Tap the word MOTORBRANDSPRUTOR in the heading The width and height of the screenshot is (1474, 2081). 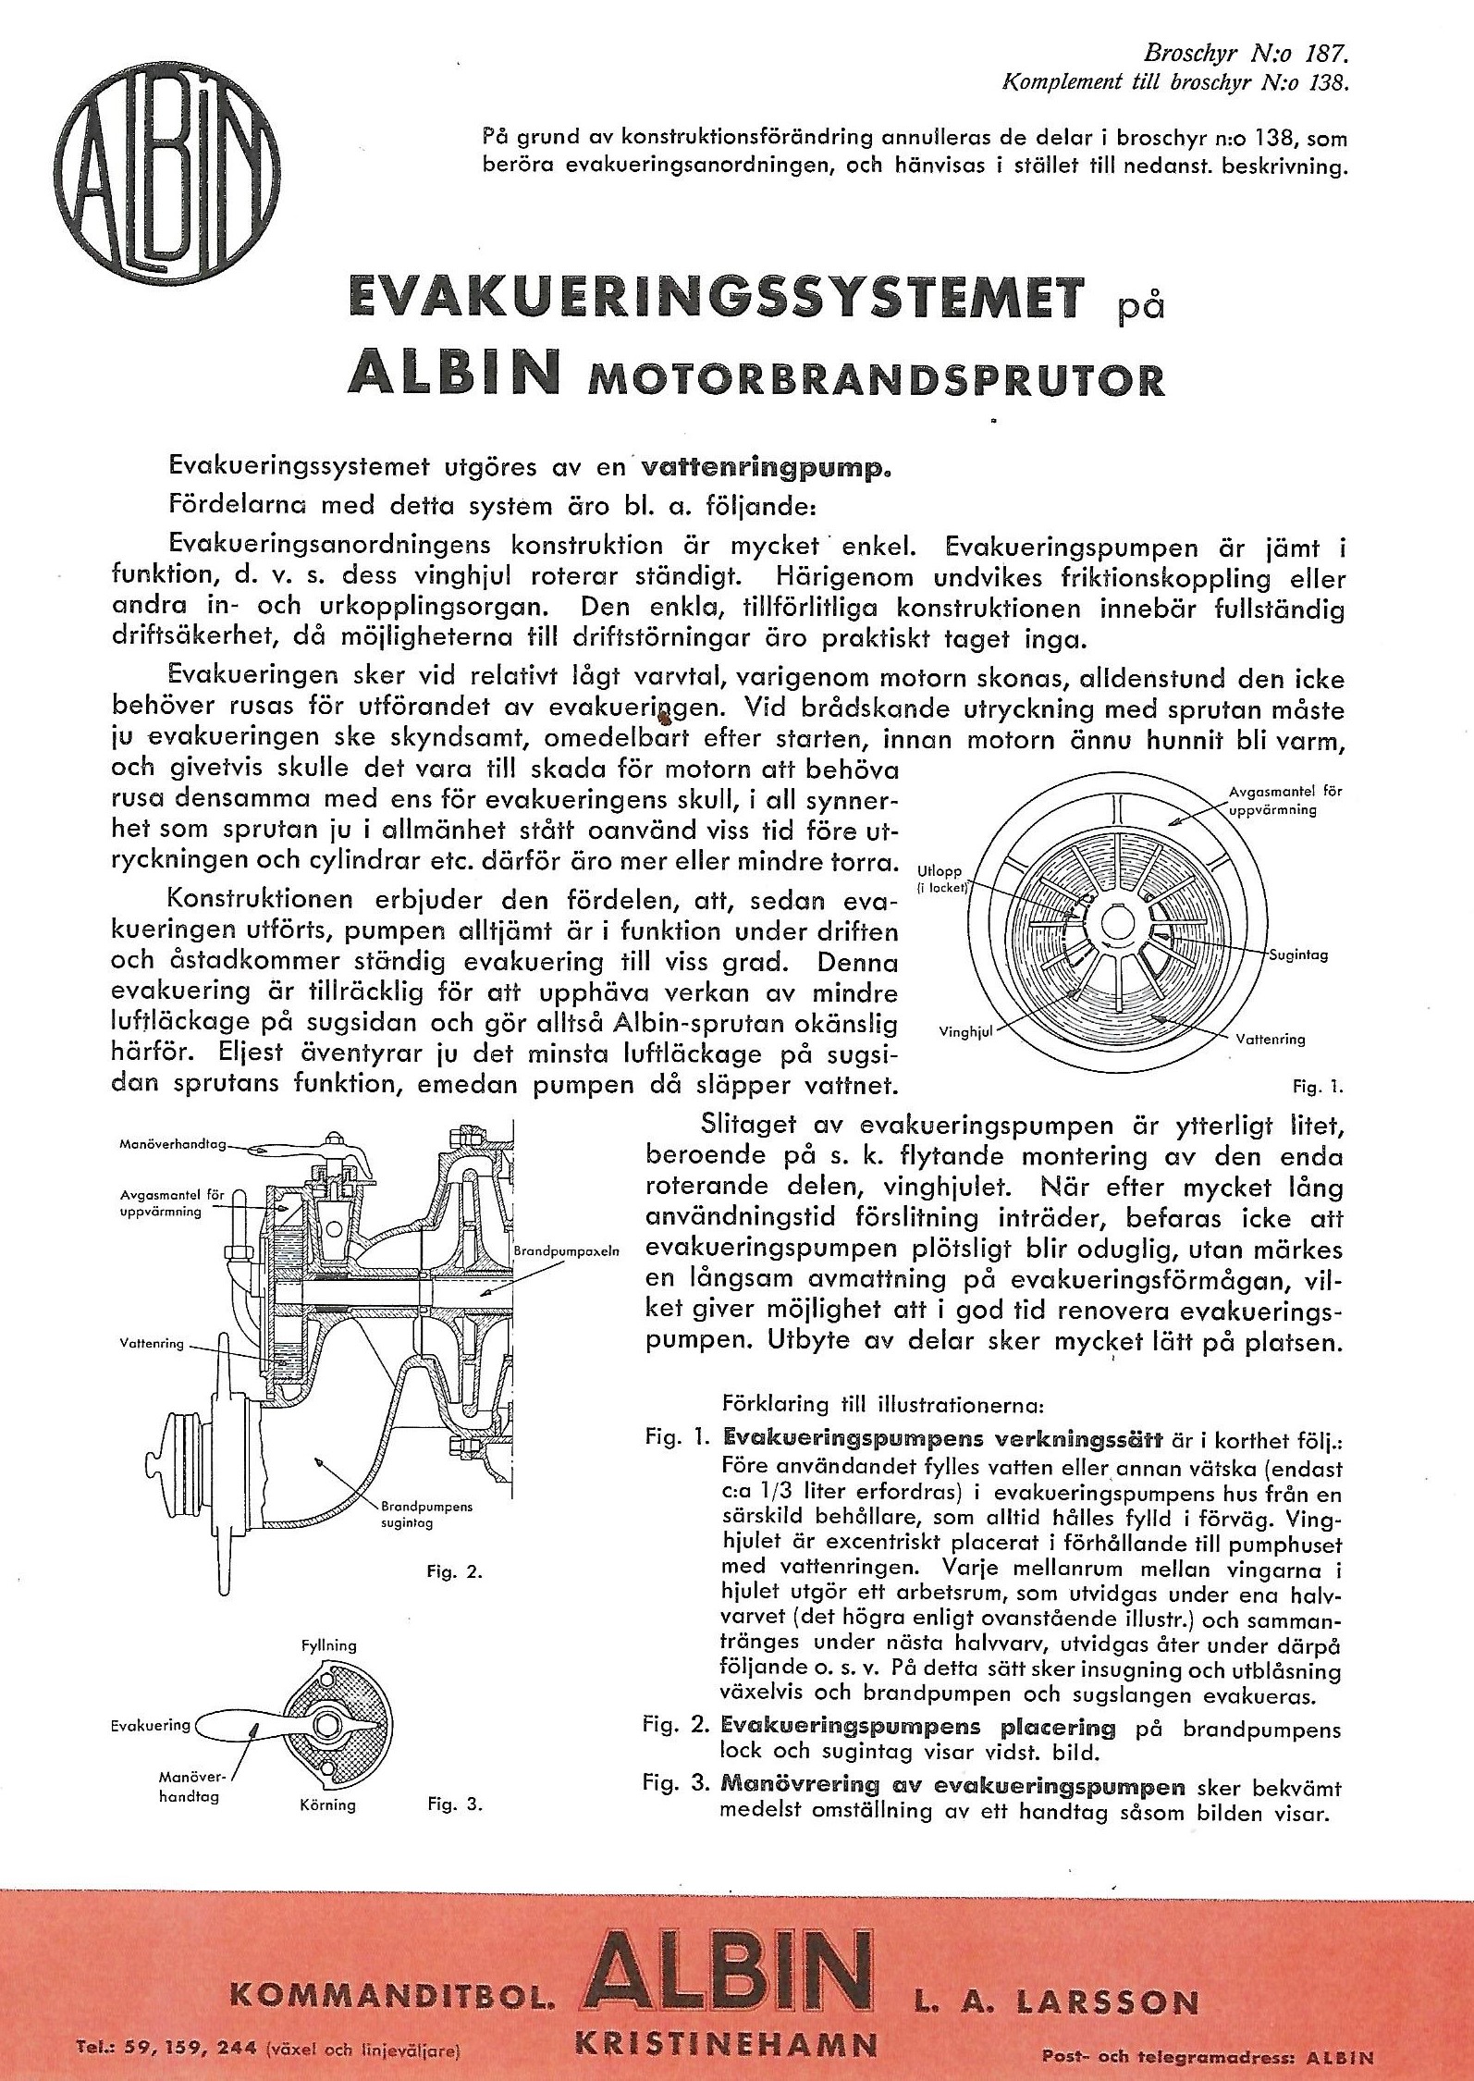click(876, 380)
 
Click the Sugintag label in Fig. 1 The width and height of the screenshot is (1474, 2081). click(1298, 954)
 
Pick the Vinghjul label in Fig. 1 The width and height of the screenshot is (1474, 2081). click(965, 1032)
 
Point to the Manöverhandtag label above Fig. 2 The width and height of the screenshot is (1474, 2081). click(173, 1144)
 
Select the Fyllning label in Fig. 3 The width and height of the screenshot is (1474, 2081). click(328, 1645)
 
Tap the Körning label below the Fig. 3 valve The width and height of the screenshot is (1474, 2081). click(328, 1804)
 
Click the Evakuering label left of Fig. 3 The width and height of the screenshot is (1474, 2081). click(150, 1725)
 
